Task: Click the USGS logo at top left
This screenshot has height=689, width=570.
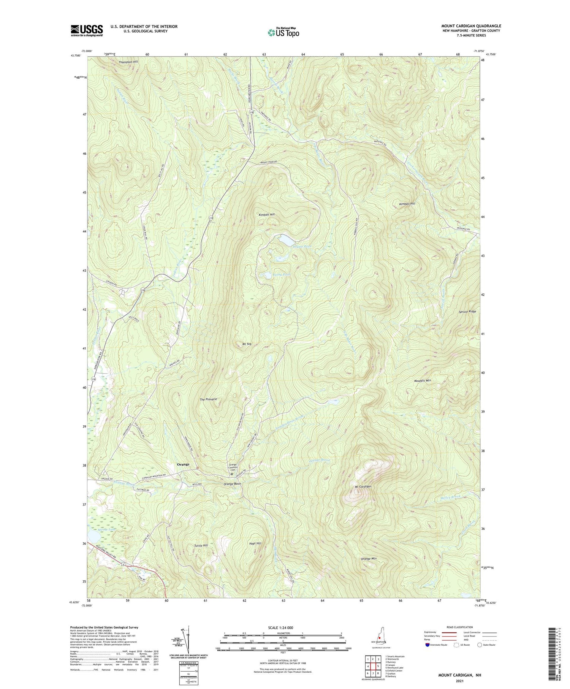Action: [86, 30]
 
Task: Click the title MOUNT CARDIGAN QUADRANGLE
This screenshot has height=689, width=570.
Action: [471, 26]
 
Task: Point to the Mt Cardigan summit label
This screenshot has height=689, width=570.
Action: [363, 486]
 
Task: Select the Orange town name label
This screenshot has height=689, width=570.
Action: [183, 464]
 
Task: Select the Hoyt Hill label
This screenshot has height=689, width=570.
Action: [255, 543]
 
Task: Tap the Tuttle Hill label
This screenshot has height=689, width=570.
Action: [201, 545]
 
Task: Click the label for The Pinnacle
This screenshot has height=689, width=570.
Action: [208, 399]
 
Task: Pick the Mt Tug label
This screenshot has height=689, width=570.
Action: [247, 344]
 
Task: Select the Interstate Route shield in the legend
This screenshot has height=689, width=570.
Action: [427, 645]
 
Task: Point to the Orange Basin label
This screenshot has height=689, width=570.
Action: [232, 484]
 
